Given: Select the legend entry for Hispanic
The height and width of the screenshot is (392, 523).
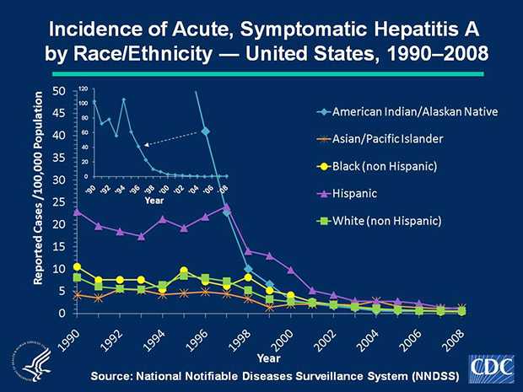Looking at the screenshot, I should (360, 193).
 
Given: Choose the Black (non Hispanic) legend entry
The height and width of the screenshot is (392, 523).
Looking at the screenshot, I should (385, 165).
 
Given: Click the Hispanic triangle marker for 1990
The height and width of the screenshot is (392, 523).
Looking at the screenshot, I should (78, 212).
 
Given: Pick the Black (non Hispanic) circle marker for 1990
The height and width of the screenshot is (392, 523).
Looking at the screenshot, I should (78, 267).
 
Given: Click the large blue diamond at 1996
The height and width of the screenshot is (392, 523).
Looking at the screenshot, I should (206, 132).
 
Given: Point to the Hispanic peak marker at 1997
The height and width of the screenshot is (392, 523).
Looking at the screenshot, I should (227, 207).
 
